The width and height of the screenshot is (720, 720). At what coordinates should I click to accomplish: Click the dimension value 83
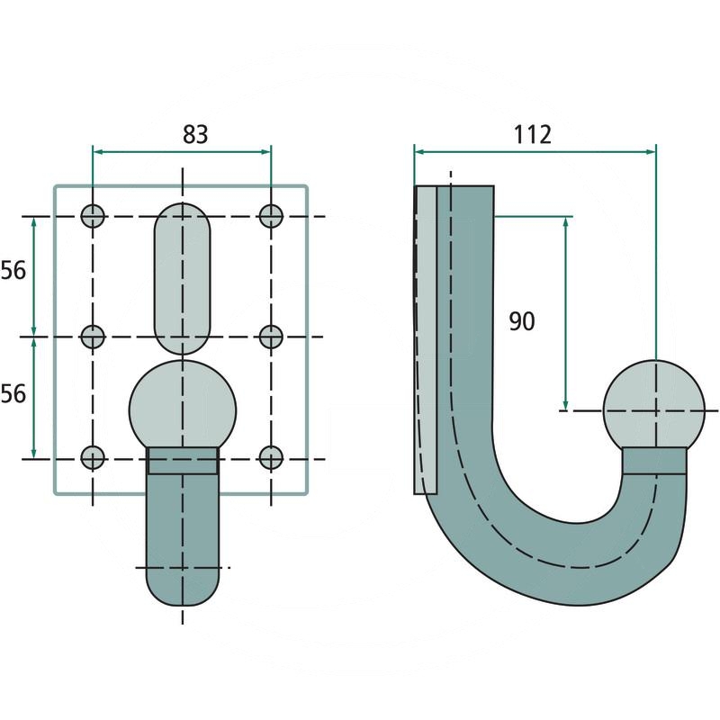(x=195, y=134)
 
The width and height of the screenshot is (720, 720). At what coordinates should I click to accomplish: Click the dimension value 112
(x=532, y=134)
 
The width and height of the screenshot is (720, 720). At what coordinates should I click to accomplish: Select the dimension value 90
(x=522, y=321)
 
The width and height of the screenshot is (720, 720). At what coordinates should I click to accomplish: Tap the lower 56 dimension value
(x=13, y=394)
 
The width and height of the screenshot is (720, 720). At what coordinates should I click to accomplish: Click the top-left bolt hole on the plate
(x=93, y=216)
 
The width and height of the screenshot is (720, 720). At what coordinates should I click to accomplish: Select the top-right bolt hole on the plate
(x=271, y=216)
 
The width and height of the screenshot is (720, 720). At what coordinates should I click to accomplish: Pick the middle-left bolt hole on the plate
(x=93, y=337)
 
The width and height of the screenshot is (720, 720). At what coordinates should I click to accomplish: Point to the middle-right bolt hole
(x=271, y=337)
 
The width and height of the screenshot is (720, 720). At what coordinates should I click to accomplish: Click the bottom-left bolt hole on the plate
(x=93, y=458)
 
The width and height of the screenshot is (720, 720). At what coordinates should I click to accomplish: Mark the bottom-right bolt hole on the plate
(x=271, y=458)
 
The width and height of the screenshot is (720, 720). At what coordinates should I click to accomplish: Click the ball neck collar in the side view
(x=655, y=461)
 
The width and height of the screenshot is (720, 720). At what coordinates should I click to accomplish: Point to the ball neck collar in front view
(x=183, y=461)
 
